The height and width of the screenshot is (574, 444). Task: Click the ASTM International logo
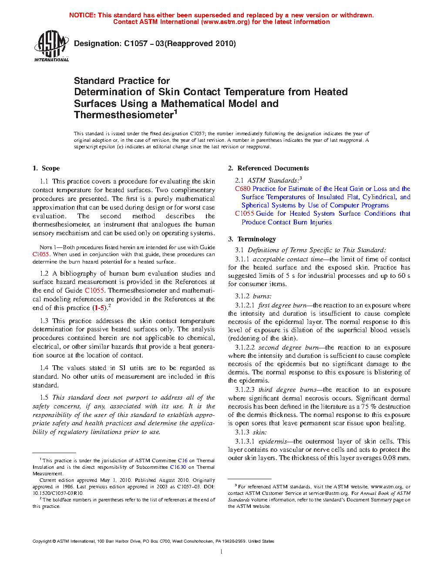click(x=51, y=46)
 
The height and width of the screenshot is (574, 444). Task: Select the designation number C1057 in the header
click(x=136, y=43)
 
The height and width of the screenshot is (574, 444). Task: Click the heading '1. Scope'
click(x=46, y=168)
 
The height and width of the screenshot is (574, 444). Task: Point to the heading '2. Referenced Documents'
click(x=269, y=168)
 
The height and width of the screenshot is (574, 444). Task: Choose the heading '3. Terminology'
click(x=252, y=239)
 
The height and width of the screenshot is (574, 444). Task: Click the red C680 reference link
click(x=242, y=189)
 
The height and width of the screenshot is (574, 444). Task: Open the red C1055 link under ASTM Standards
click(x=244, y=214)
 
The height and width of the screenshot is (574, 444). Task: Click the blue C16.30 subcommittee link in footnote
click(x=178, y=467)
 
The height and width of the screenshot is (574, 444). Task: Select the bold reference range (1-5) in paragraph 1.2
click(x=100, y=308)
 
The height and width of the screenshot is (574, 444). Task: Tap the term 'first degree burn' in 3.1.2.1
click(x=282, y=305)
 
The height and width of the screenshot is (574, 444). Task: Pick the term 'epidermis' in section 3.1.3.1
click(x=272, y=441)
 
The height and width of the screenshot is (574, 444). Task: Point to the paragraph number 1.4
click(x=44, y=368)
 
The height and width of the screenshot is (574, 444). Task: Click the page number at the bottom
click(x=222, y=552)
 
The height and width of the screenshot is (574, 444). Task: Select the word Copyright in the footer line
click(x=42, y=541)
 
